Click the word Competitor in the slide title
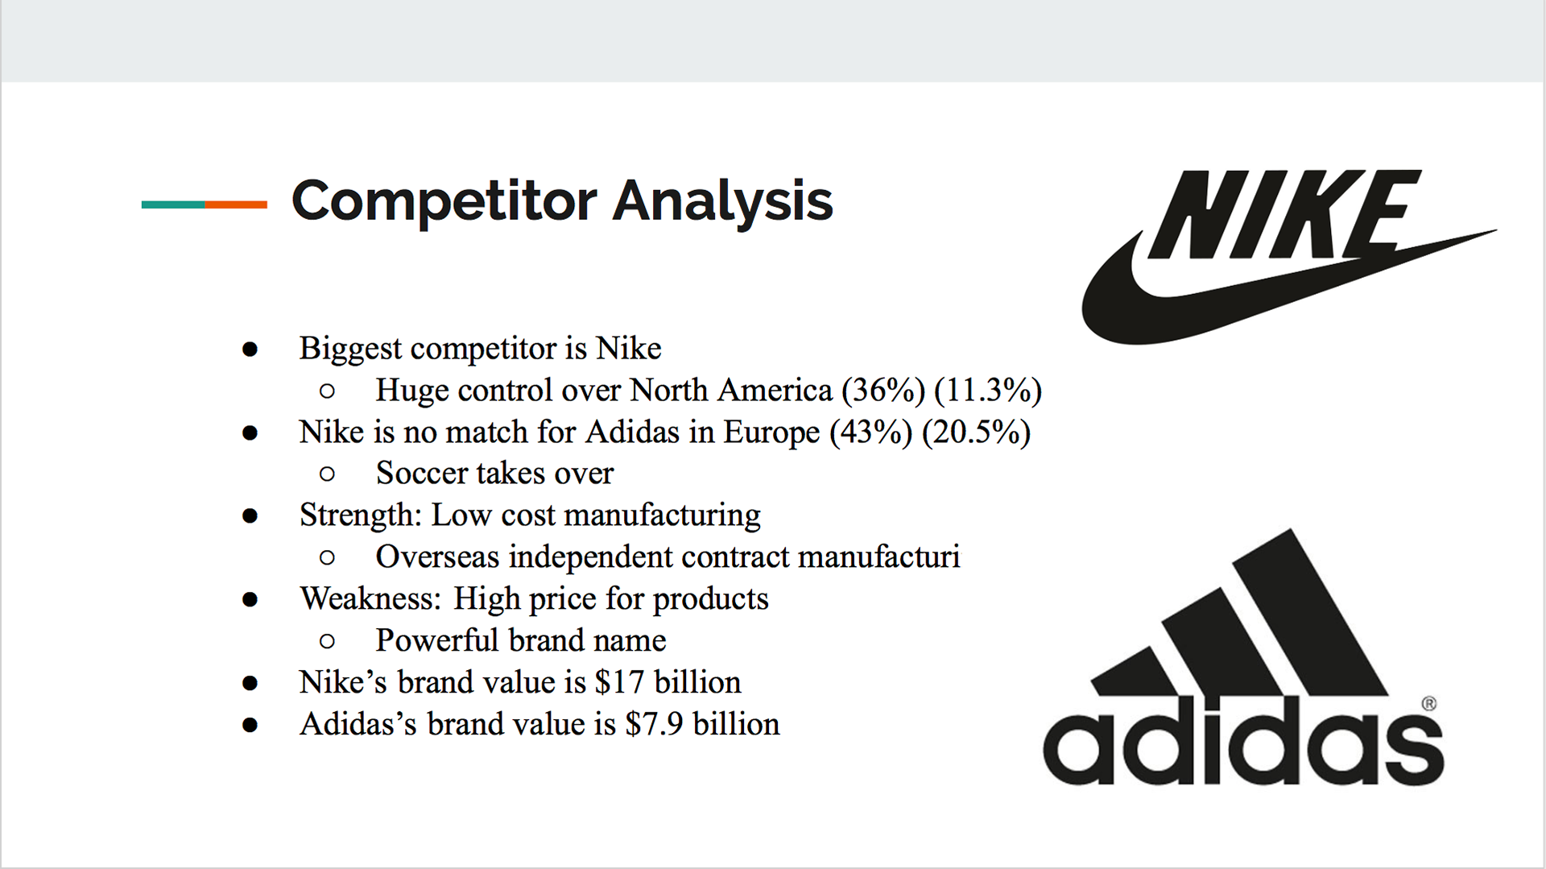tap(444, 201)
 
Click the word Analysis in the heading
tap(722, 201)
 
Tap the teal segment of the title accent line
tap(173, 205)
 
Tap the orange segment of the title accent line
tap(236, 205)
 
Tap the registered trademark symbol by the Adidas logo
tap(1429, 703)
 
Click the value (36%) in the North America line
tap(883, 391)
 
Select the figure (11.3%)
tap(988, 391)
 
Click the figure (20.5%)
tap(976, 432)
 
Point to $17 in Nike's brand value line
tap(619, 682)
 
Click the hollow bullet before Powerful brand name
tap(327, 641)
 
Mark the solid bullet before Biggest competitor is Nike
tap(250, 349)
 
